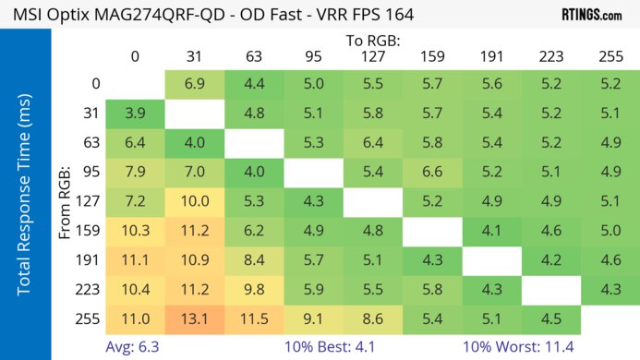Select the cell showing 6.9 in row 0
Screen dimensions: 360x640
194,84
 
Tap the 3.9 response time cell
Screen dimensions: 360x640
135,114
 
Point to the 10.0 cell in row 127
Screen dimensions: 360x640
194,201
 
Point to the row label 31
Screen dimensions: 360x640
92,114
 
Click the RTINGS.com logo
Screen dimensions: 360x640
591,15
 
